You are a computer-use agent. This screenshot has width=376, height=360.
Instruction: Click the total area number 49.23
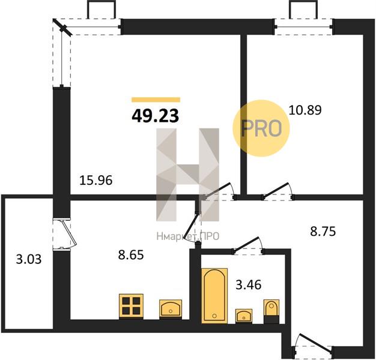click(156, 116)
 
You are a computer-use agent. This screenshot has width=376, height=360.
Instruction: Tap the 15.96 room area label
click(96, 181)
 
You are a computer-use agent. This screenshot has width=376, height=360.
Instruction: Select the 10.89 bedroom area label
click(305, 110)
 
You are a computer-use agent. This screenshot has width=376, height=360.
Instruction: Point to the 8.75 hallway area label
click(323, 232)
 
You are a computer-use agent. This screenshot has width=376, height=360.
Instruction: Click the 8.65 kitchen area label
click(131, 254)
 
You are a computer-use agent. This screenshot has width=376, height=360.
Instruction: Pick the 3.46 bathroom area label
click(249, 285)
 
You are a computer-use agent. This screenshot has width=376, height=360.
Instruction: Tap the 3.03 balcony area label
click(29, 259)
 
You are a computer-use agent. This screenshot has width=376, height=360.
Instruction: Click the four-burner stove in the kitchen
click(131, 307)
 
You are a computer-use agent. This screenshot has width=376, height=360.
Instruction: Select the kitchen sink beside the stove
click(171, 309)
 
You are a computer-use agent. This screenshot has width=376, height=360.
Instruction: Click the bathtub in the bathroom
click(214, 296)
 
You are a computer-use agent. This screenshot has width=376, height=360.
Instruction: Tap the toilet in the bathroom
click(271, 311)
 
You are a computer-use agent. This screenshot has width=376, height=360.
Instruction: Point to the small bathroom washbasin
click(244, 316)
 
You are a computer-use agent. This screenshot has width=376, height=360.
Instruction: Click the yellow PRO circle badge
click(261, 128)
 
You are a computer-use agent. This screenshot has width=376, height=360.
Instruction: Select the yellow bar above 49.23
click(156, 100)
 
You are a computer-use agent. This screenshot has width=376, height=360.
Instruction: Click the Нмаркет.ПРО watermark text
click(188, 236)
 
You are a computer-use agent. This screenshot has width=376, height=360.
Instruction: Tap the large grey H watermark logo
click(188, 175)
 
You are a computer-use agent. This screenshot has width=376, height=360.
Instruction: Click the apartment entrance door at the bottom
click(313, 346)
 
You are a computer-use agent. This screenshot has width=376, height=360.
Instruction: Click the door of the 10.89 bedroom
click(277, 191)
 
